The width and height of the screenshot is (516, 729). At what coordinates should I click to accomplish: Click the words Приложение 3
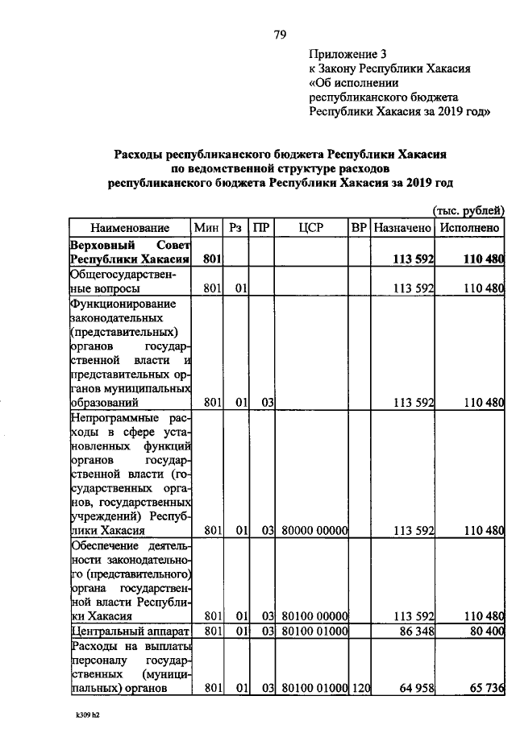pyautogui.click(x=348, y=54)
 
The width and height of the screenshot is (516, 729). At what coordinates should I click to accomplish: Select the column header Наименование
pyautogui.click(x=130, y=228)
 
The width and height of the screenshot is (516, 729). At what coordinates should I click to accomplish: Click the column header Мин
pyautogui.click(x=207, y=228)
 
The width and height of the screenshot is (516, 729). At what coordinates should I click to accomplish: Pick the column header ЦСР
pyautogui.click(x=310, y=228)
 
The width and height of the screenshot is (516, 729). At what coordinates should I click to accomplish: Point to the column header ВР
pyautogui.click(x=359, y=228)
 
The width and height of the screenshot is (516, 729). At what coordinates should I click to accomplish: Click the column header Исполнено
pyautogui.click(x=472, y=228)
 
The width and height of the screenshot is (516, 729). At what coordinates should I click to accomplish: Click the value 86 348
pyautogui.click(x=414, y=629)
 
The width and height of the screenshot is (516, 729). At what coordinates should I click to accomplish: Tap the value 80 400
pyautogui.click(x=483, y=629)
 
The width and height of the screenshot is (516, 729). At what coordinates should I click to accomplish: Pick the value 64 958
pyautogui.click(x=414, y=689)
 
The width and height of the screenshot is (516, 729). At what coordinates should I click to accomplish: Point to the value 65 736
pyautogui.click(x=483, y=689)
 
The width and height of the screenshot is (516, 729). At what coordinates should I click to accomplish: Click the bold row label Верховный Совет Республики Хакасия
pyautogui.click(x=130, y=251)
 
